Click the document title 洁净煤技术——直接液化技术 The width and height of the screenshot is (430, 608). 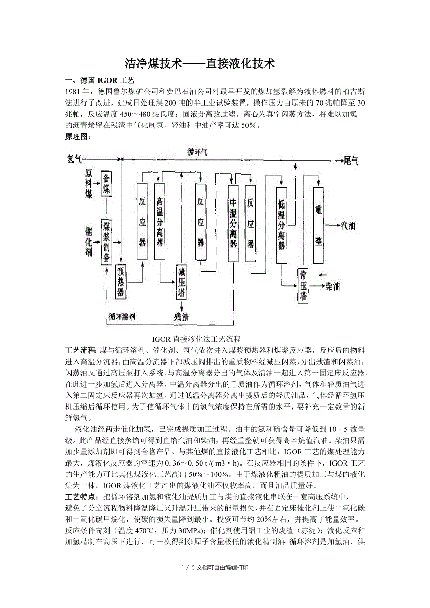coord(200,64)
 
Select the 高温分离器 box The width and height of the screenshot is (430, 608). coord(160,221)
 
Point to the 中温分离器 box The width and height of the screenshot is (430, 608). coord(233,223)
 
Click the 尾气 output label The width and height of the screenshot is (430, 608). coord(351,161)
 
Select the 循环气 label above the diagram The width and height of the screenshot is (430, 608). coord(198,152)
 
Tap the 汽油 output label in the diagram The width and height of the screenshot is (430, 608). coord(348,226)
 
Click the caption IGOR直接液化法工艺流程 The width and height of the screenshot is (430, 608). coord(196,339)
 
